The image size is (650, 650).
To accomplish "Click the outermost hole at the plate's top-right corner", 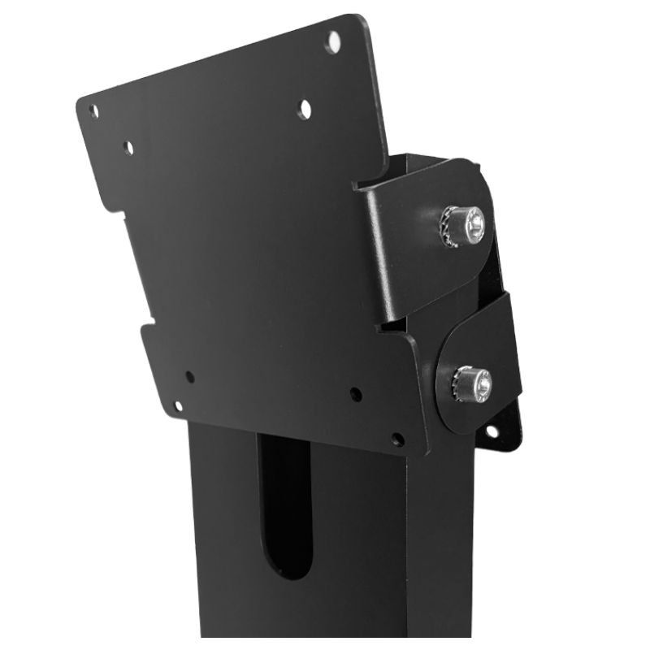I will pyautogui.click(x=333, y=41).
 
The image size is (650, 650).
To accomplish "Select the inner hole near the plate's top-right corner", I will pyautogui.click(x=305, y=108).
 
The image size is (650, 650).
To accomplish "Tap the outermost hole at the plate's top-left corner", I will pyautogui.click(x=93, y=110).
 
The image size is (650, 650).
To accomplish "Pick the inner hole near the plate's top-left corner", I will pyautogui.click(x=128, y=148).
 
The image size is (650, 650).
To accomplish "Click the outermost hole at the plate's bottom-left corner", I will pyautogui.click(x=178, y=405).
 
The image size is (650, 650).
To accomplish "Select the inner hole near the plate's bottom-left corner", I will pyautogui.click(x=189, y=377).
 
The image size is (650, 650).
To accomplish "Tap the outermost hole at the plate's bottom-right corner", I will pyautogui.click(x=397, y=440).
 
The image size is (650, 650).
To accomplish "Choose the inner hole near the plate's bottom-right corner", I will pyautogui.click(x=356, y=395).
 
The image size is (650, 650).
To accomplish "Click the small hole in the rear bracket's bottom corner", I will pyautogui.click(x=492, y=431).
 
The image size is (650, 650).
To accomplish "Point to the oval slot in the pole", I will pyautogui.click(x=284, y=504).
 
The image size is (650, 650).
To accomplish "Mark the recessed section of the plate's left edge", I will pyautogui.click(x=130, y=268).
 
